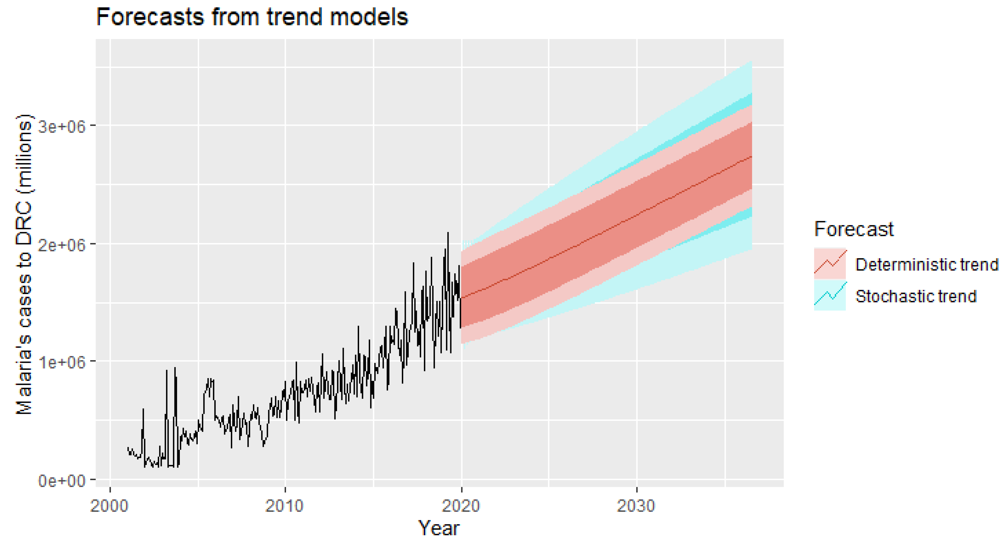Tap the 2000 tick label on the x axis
(109, 506)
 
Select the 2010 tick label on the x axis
(284, 506)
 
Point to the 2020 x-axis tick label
(461, 506)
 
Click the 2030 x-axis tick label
(636, 506)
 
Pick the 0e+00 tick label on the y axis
(62, 481)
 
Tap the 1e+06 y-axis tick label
(62, 362)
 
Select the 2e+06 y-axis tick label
(62, 245)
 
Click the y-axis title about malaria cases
(24, 264)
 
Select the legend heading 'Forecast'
(854, 229)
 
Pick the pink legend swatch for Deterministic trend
(830, 263)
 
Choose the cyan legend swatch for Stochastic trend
(830, 295)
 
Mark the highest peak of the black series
(448, 233)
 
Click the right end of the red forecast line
(751, 156)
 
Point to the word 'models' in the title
(366, 17)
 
